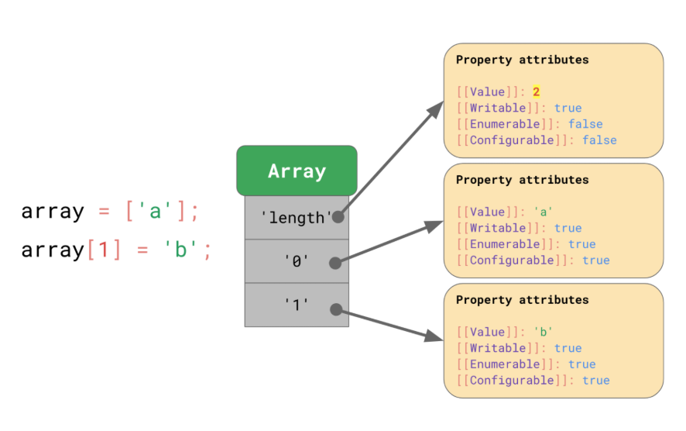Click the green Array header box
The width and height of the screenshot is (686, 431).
[297, 171]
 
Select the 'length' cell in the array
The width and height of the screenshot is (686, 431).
[297, 217]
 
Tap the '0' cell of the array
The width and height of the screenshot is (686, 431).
[297, 261]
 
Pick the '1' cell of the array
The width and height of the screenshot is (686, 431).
[297, 305]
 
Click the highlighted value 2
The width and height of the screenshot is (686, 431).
[536, 91]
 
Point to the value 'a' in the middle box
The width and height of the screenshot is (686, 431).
[543, 212]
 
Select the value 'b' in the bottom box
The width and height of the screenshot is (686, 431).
[543, 332]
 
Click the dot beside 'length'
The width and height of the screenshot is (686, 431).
[338, 216]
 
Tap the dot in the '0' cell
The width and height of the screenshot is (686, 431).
[335, 263]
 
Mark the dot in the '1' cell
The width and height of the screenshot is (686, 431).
[336, 309]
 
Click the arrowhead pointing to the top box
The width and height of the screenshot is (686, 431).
[436, 109]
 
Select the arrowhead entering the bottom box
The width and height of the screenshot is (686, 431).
[434, 336]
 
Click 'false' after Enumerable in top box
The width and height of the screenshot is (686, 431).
[585, 124]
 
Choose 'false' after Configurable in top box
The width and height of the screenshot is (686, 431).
[599, 140]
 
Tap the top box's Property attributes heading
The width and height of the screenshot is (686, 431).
[523, 60]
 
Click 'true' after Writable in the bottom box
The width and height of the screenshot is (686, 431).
[568, 348]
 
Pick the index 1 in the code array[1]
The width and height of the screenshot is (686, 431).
[104, 250]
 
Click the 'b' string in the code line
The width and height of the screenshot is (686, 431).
[180, 250]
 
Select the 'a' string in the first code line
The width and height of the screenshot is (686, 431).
[155, 211]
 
